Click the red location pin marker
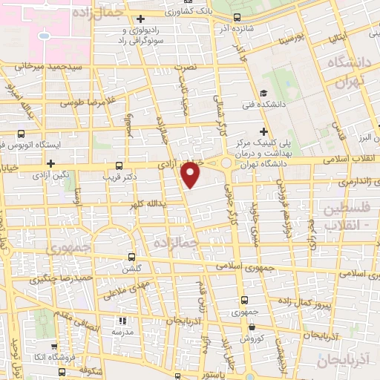tap(191, 174)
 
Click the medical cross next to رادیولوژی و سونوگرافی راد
tap(140, 19)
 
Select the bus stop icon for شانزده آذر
tap(237, 17)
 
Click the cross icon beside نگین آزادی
tap(50, 163)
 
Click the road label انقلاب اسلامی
tap(350, 158)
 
